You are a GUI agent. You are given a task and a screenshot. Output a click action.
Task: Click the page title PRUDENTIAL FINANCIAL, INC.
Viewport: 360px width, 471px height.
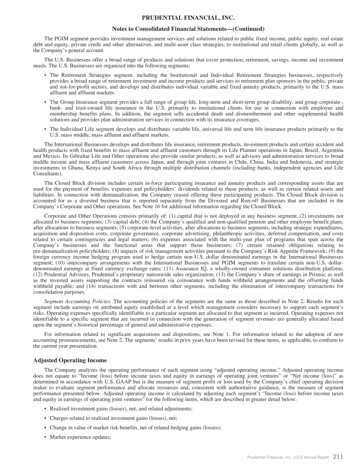[x=180, y=18]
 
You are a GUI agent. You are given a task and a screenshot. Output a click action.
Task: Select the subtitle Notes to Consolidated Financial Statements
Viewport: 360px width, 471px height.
[x=180, y=29]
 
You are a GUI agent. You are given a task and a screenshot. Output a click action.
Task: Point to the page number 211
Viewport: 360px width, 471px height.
[x=339, y=456]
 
